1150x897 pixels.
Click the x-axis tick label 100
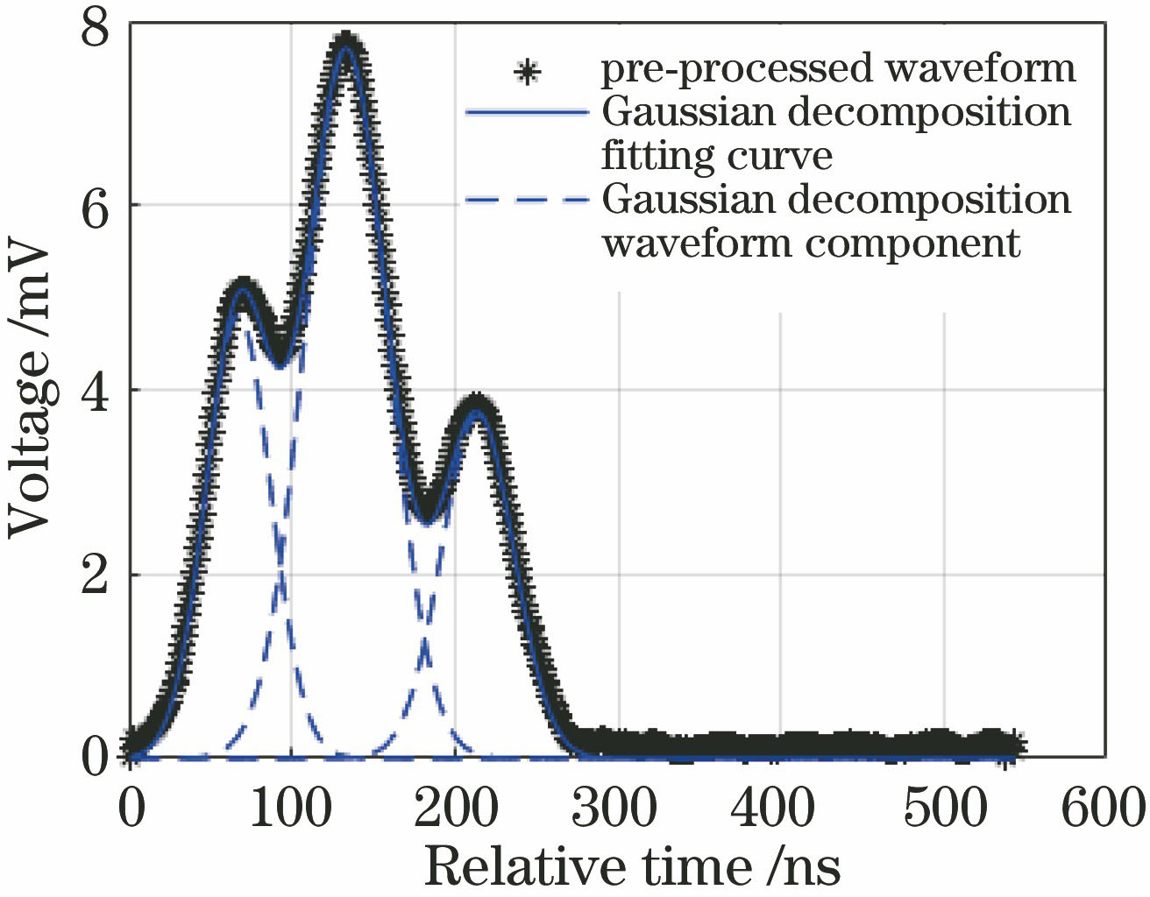coord(292,809)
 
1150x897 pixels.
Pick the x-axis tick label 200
coord(455,809)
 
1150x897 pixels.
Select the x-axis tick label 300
coord(616,809)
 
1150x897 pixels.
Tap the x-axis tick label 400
coord(775,809)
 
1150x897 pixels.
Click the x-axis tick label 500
coord(943,809)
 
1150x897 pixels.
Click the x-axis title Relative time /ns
coord(632,868)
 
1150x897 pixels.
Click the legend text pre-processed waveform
coord(838,69)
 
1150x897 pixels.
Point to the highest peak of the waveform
coord(347,44)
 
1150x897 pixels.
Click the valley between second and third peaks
coord(426,512)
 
